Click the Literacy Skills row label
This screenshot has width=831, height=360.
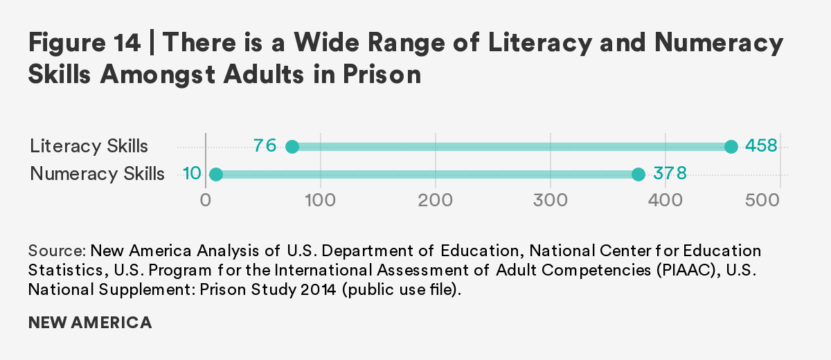[x=89, y=147]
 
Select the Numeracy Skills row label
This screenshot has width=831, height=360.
[x=97, y=174]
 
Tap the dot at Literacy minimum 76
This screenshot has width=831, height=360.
[x=292, y=147]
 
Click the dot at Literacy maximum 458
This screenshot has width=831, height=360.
[x=731, y=147]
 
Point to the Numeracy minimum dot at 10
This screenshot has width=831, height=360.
[x=216, y=174]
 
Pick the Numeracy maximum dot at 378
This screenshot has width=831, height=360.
[x=638, y=174]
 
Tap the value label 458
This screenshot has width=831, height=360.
[x=762, y=146]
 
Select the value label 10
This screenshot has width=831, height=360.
[x=192, y=173]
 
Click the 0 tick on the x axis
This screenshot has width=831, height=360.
[x=205, y=200]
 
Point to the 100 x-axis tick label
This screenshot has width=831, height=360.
[x=321, y=200]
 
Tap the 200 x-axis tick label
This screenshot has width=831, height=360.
[x=436, y=200]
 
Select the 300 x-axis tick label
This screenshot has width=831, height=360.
[x=551, y=200]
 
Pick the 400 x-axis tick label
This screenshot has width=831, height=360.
[x=665, y=200]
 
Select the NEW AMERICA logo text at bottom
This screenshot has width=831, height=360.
[x=90, y=323]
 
